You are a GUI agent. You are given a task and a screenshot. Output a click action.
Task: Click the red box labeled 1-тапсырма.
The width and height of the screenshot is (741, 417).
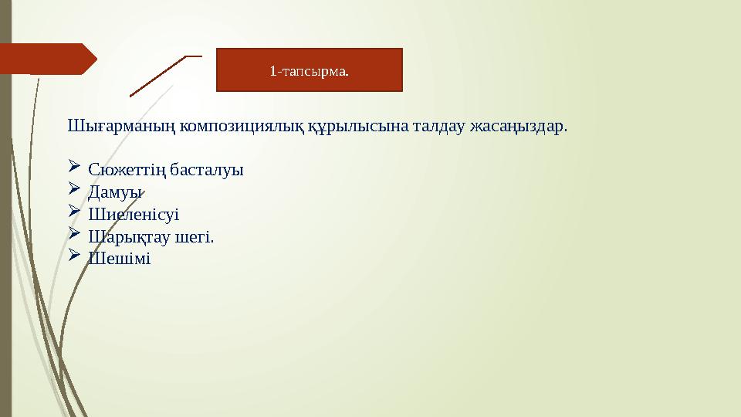point(309,70)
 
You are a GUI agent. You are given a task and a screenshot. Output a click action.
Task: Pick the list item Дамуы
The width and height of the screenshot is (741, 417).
point(116,192)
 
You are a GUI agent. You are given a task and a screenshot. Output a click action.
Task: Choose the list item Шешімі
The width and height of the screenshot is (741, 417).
point(120,259)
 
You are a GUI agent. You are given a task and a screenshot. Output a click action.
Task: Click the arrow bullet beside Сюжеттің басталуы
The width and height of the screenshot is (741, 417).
point(74,167)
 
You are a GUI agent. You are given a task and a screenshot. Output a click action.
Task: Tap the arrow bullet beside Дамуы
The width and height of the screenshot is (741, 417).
point(74,189)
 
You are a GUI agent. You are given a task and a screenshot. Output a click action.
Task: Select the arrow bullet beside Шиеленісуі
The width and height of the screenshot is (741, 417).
point(74,212)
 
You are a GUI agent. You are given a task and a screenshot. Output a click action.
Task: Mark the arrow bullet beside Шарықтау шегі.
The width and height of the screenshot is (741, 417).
point(74,234)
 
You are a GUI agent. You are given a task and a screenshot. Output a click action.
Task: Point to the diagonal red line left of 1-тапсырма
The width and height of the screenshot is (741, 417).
point(158,76)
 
